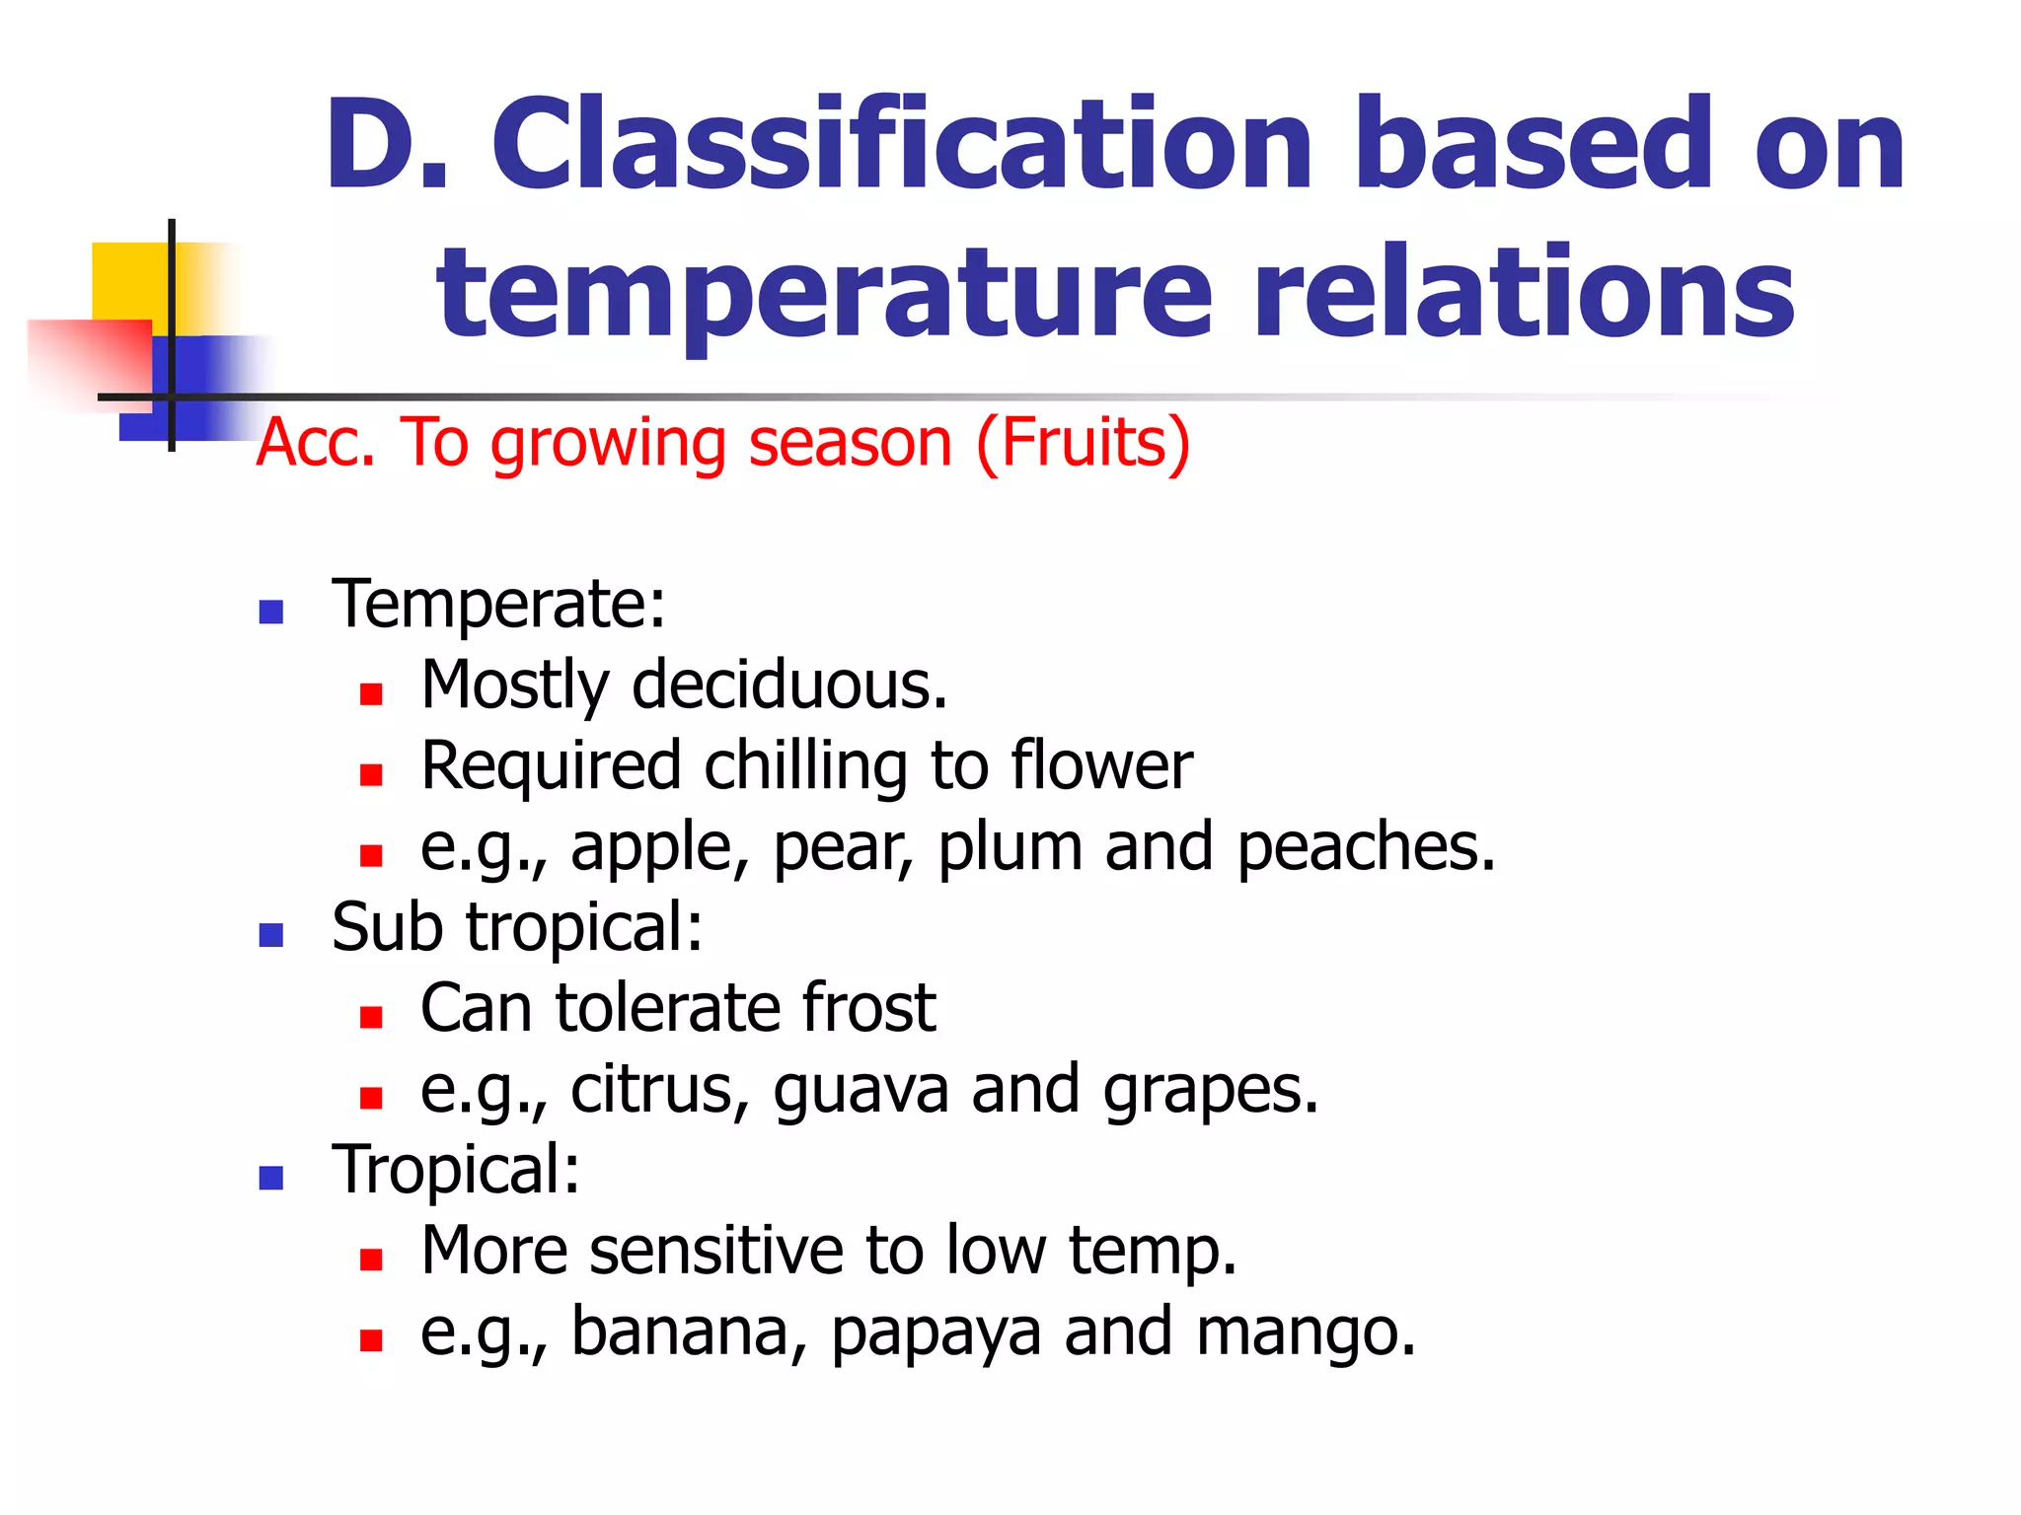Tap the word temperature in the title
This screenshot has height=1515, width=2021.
[x=824, y=294]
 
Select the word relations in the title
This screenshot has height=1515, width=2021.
[x=1523, y=294]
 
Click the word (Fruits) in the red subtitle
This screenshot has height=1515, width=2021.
[x=1083, y=443]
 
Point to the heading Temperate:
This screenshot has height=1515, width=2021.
[x=498, y=604]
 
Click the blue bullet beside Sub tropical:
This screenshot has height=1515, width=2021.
[x=270, y=934]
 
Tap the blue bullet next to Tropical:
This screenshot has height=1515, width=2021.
[x=270, y=1177]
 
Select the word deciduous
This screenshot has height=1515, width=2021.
[x=788, y=685]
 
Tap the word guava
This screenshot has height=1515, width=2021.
[x=860, y=1091]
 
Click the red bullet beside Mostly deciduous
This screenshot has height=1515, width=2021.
[x=371, y=694]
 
